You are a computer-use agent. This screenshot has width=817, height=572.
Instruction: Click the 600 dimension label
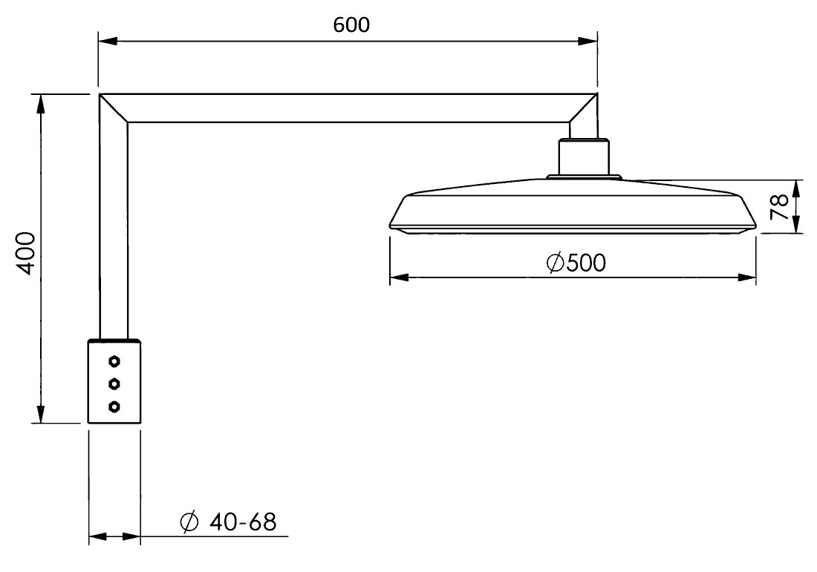(x=351, y=24)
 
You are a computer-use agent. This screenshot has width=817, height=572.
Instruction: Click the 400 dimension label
(x=25, y=254)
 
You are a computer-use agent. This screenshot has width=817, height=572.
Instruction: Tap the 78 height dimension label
(x=779, y=207)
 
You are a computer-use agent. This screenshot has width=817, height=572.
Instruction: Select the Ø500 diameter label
(x=576, y=263)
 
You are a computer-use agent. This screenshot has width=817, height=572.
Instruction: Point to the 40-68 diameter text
(x=243, y=522)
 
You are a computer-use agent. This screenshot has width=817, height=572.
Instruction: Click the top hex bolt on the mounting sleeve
(x=114, y=361)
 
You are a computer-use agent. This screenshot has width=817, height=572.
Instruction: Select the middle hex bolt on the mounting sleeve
(x=114, y=384)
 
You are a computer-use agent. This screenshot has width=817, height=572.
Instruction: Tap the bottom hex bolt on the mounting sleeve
(x=114, y=406)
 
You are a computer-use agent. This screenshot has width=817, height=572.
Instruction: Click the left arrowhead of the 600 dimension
(x=108, y=42)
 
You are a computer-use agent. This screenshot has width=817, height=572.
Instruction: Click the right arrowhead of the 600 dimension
(x=587, y=42)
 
